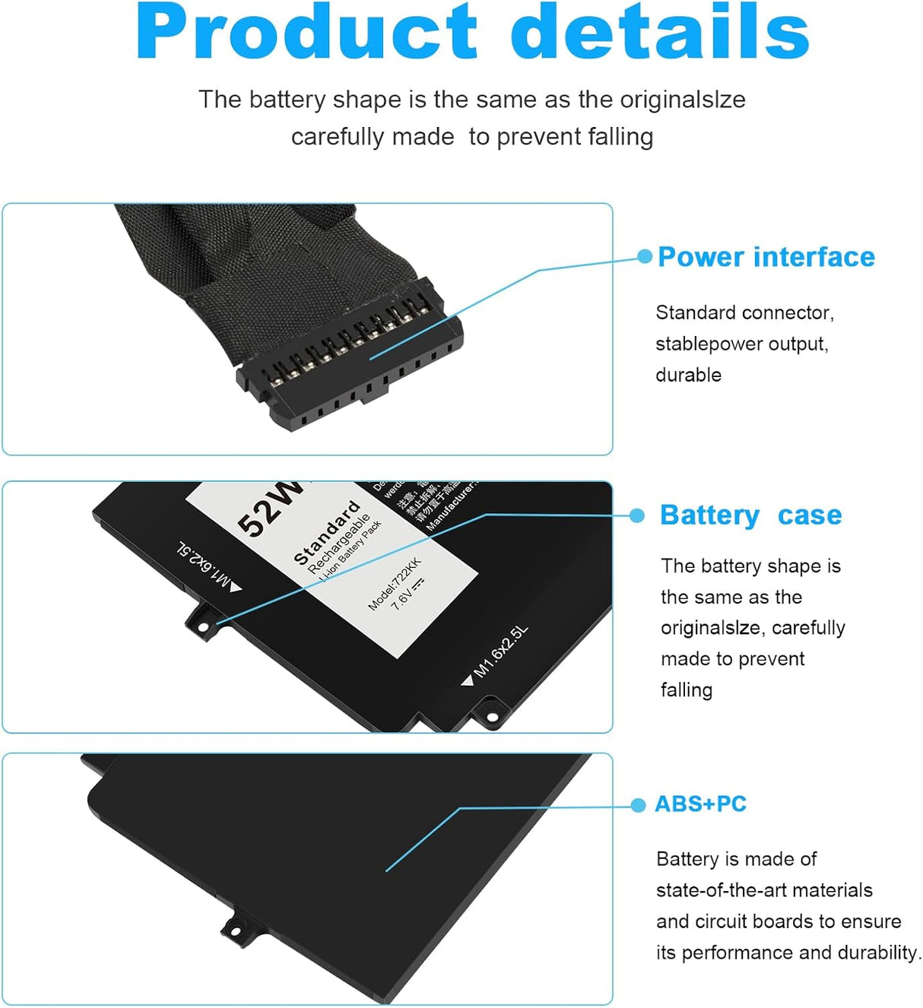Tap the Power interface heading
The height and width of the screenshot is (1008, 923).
click(766, 257)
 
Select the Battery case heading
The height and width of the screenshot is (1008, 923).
click(750, 515)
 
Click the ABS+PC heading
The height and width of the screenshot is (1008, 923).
click(700, 804)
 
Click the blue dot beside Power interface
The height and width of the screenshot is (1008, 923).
click(645, 257)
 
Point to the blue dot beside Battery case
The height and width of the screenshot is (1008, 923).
click(637, 515)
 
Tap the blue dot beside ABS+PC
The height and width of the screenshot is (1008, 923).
click(638, 805)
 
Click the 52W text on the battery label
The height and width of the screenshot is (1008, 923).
click(268, 509)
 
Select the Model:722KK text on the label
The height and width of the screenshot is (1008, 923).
click(394, 584)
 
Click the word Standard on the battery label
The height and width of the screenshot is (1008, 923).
click(326, 532)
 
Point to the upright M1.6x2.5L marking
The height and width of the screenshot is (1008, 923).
click(500, 652)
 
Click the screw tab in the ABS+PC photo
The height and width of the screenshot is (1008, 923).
click(235, 928)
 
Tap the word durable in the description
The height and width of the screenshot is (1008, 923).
click(688, 375)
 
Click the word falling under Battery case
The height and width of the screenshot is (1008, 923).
click(686, 689)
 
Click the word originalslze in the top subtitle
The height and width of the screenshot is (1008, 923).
click(682, 100)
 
